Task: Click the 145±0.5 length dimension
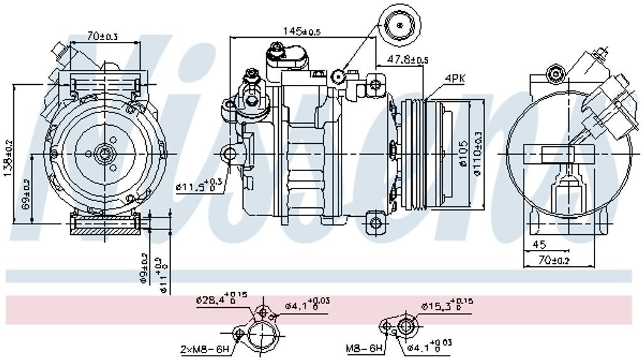[301, 31]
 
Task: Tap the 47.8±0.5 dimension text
[408, 60]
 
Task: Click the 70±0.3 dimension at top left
[102, 37]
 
